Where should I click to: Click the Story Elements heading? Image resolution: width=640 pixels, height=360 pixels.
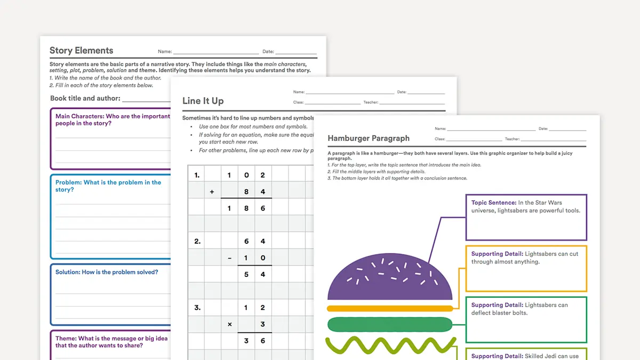pyautogui.click(x=81, y=51)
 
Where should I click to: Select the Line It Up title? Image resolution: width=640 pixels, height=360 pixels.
pyautogui.click(x=203, y=101)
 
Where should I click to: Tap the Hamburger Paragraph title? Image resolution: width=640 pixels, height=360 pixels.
pyautogui.click(x=369, y=138)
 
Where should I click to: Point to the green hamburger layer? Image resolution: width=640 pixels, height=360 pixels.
pyautogui.click(x=389, y=324)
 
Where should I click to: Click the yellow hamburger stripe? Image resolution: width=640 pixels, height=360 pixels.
pyautogui.click(x=389, y=308)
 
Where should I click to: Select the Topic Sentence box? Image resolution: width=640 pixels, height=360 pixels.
pyautogui.click(x=526, y=217)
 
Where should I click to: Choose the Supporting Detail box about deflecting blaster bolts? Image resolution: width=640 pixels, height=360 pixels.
pyautogui.click(x=526, y=319)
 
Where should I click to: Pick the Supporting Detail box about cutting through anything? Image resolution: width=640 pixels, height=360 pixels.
pyautogui.click(x=526, y=268)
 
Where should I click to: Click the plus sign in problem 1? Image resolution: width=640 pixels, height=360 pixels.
pyautogui.click(x=212, y=192)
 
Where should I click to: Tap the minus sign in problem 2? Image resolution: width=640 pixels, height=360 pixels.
pyautogui.click(x=229, y=258)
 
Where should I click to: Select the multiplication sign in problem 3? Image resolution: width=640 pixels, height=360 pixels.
pyautogui.click(x=229, y=324)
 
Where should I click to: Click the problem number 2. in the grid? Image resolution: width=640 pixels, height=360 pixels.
pyautogui.click(x=197, y=242)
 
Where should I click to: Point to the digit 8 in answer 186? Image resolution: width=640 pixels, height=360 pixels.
pyautogui.click(x=246, y=209)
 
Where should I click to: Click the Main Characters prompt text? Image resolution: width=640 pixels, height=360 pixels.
pyautogui.click(x=113, y=119)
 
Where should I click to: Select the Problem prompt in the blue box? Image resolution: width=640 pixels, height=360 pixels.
pyautogui.click(x=108, y=186)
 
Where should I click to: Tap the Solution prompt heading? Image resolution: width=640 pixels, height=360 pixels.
pyautogui.click(x=107, y=272)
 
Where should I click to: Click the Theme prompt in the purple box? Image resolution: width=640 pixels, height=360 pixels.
pyautogui.click(x=111, y=341)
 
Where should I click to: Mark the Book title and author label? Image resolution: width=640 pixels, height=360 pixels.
pyautogui.click(x=85, y=98)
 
